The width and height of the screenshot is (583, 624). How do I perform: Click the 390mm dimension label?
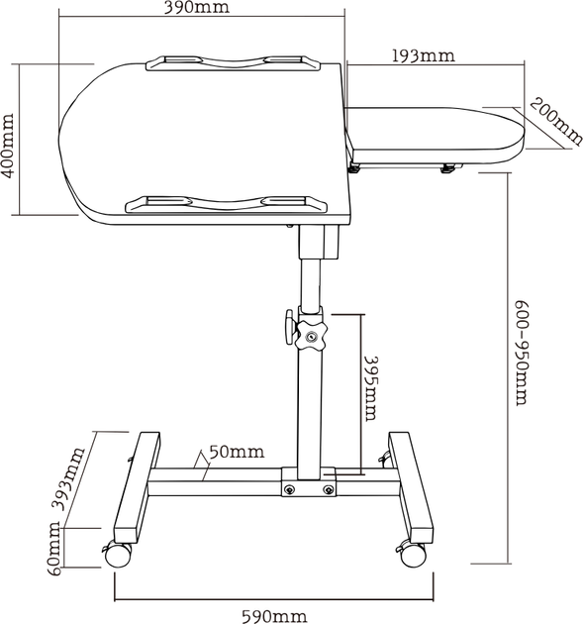(x=197, y=7)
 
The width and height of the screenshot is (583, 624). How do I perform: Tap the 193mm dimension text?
(x=424, y=55)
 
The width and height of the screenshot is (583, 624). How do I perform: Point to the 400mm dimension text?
(x=8, y=146)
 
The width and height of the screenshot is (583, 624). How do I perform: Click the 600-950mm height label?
(x=523, y=353)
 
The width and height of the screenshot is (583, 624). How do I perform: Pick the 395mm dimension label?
(x=371, y=388)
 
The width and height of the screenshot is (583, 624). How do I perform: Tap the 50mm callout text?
(x=237, y=452)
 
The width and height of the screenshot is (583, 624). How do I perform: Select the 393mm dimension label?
(x=69, y=478)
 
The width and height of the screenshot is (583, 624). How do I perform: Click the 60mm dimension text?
(x=54, y=548)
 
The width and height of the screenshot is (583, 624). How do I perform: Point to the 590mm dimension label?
(x=275, y=616)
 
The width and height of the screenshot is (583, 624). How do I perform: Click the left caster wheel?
(x=118, y=555)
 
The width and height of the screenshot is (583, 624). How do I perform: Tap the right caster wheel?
(x=413, y=554)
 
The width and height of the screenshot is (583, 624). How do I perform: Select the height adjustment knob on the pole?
(x=311, y=337)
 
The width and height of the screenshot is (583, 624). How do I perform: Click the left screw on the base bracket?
(x=290, y=489)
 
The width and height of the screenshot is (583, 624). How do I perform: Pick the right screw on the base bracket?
(x=328, y=489)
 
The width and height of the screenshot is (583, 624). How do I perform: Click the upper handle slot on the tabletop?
(x=233, y=63)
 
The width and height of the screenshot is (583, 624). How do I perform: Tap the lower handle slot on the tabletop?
(x=226, y=203)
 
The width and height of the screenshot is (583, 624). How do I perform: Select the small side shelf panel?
(x=435, y=136)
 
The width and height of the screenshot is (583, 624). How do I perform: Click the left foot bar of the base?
(x=138, y=488)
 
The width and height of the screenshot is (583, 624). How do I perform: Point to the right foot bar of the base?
(x=411, y=488)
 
